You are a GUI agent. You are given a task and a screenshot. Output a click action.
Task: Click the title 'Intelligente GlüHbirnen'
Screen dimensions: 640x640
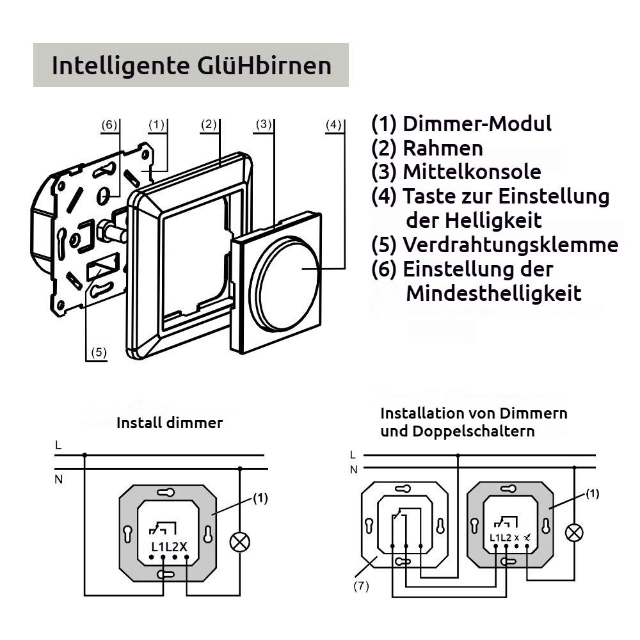coord(191,66)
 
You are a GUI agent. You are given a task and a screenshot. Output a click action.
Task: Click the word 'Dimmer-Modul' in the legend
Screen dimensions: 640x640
coord(477,124)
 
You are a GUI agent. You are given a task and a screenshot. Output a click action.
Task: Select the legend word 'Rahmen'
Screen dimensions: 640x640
coord(442,148)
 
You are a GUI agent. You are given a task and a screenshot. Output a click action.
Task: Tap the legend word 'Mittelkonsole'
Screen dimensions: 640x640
coord(472,172)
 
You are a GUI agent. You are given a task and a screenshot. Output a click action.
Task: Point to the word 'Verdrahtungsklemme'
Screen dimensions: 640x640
coord(510,245)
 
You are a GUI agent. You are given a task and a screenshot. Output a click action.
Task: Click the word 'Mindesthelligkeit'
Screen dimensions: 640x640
coord(493,294)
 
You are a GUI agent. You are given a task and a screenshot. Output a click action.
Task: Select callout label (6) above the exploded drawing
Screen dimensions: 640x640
coord(110,125)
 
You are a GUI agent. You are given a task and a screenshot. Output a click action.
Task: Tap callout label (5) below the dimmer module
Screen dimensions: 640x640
coord(98,351)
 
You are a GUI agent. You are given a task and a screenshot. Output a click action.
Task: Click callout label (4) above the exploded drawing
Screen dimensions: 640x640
coord(333,125)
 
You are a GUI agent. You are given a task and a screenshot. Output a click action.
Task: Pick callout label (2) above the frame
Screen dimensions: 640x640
coord(209,125)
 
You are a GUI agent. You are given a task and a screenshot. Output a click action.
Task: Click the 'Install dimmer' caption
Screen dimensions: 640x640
coord(170,423)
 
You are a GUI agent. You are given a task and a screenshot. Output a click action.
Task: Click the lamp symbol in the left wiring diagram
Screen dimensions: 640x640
coord(240,542)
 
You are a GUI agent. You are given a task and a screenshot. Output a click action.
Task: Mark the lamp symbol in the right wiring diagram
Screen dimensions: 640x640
coord(575,532)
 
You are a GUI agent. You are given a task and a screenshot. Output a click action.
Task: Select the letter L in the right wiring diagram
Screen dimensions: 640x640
coord(353,455)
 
